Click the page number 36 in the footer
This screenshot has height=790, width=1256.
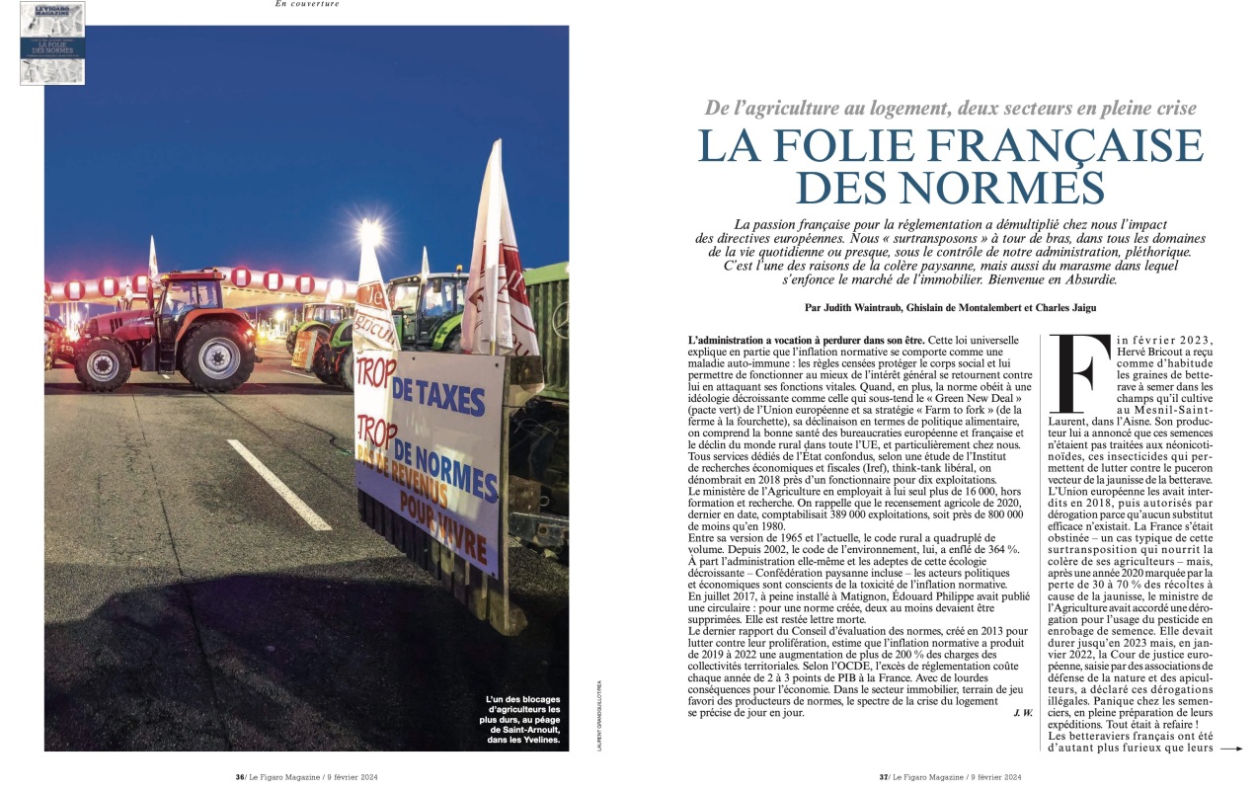pos(240,777)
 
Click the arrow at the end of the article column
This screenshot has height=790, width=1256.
pos(1230,749)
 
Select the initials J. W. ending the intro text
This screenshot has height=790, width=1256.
pos(1022,712)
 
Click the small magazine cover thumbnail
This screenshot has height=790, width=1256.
pos(52,42)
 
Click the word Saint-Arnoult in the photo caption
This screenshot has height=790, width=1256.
pos(528,728)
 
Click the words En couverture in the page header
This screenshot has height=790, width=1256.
pos(307,4)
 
